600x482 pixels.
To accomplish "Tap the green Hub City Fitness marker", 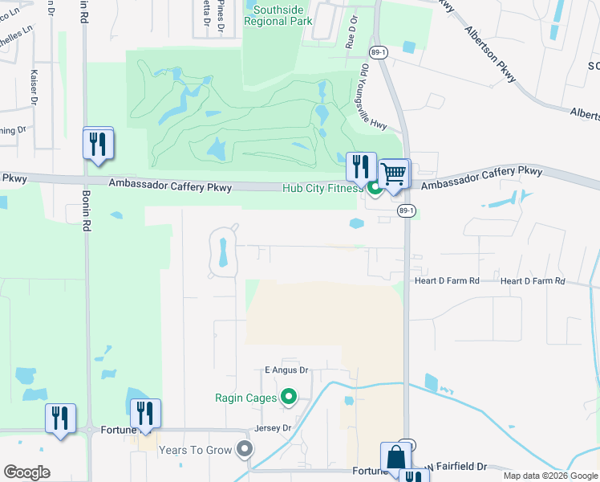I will tap(375, 189).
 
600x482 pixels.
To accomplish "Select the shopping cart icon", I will tap(393, 174).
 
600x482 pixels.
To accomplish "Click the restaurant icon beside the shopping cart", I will tap(361, 167).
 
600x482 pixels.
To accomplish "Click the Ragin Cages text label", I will tap(245, 397).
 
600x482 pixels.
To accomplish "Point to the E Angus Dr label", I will tap(286, 370).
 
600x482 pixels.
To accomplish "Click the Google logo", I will tap(26, 472).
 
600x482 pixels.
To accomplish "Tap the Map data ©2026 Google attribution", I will tap(549, 476).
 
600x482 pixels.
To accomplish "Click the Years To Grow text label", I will tap(195, 450).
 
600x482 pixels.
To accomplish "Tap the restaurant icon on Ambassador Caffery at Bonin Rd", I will tap(98, 145).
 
